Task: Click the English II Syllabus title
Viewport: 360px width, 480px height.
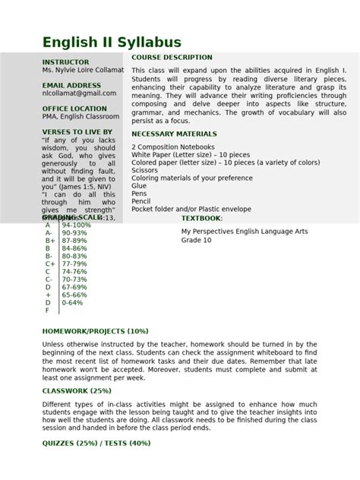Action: point(111,42)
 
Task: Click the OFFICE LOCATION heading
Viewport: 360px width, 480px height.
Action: point(75,109)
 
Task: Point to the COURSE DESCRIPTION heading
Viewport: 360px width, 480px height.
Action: point(172,58)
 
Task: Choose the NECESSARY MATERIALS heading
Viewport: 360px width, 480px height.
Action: point(178,134)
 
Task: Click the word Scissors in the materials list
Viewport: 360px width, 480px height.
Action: point(145,171)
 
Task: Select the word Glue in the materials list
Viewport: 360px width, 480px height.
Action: point(139,185)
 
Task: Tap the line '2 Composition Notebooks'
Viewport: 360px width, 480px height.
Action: point(173,147)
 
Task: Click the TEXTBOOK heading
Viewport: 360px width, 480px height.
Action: point(202,218)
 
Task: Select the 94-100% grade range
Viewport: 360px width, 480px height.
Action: point(77,226)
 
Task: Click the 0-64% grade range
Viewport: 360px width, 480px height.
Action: point(74,302)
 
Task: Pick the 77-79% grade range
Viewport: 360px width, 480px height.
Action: point(74,264)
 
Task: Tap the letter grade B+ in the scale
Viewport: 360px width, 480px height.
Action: point(49,241)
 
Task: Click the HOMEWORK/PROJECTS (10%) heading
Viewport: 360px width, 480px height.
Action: point(95,331)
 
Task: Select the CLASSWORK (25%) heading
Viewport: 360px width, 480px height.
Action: point(76,390)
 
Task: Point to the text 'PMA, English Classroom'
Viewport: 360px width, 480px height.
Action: point(81,117)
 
